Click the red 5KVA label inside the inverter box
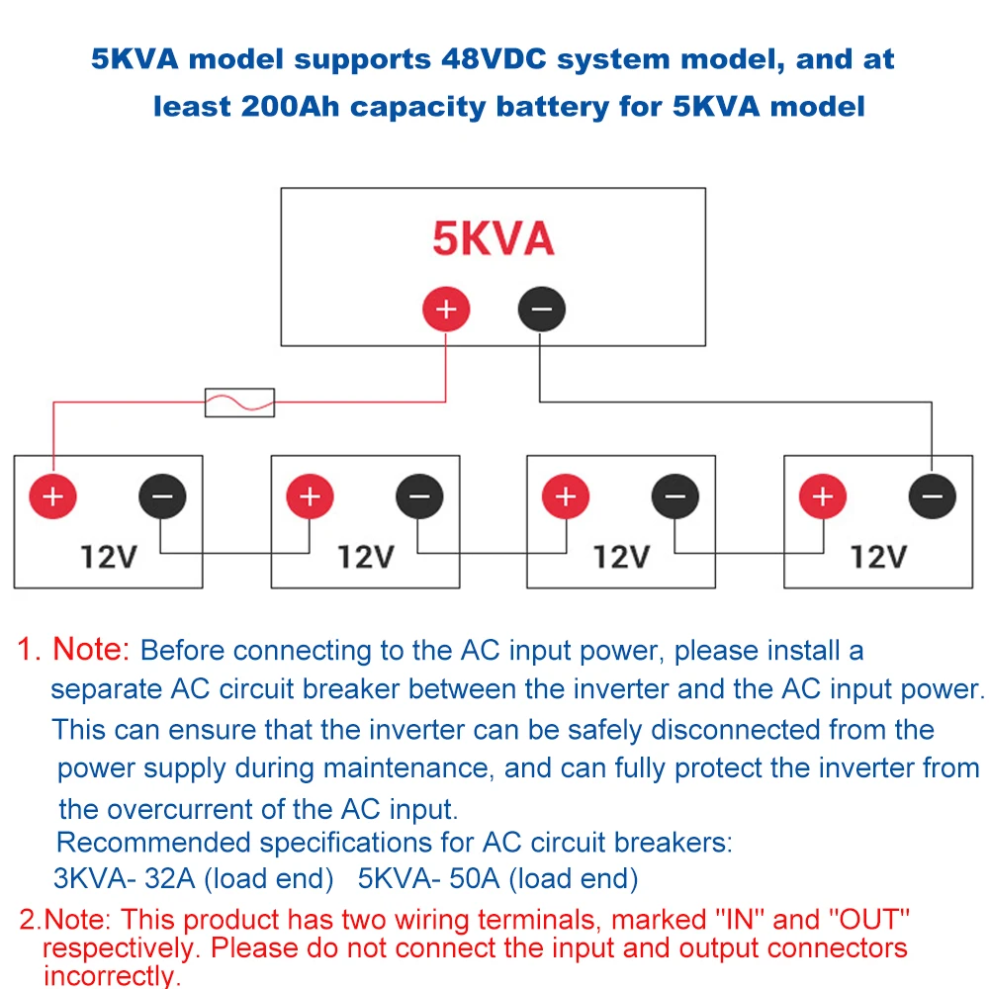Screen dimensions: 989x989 click(x=493, y=238)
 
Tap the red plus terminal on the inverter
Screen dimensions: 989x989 click(x=446, y=310)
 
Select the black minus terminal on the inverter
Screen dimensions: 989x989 click(x=541, y=310)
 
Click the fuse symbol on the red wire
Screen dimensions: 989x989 click(x=239, y=403)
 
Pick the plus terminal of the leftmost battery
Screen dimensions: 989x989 click(x=53, y=496)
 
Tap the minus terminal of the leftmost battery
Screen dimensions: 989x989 click(x=162, y=496)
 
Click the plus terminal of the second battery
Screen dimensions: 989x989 click(x=310, y=496)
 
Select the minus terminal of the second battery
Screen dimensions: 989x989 click(x=419, y=496)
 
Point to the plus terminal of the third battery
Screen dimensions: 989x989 click(x=566, y=496)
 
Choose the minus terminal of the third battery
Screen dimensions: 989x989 click(x=674, y=496)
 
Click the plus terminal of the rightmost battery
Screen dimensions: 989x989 click(x=822, y=496)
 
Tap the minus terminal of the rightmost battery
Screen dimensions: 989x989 click(x=932, y=496)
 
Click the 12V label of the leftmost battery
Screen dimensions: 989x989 click(x=109, y=557)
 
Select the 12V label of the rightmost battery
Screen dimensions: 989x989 click(x=878, y=557)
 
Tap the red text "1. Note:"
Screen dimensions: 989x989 click(x=74, y=650)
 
